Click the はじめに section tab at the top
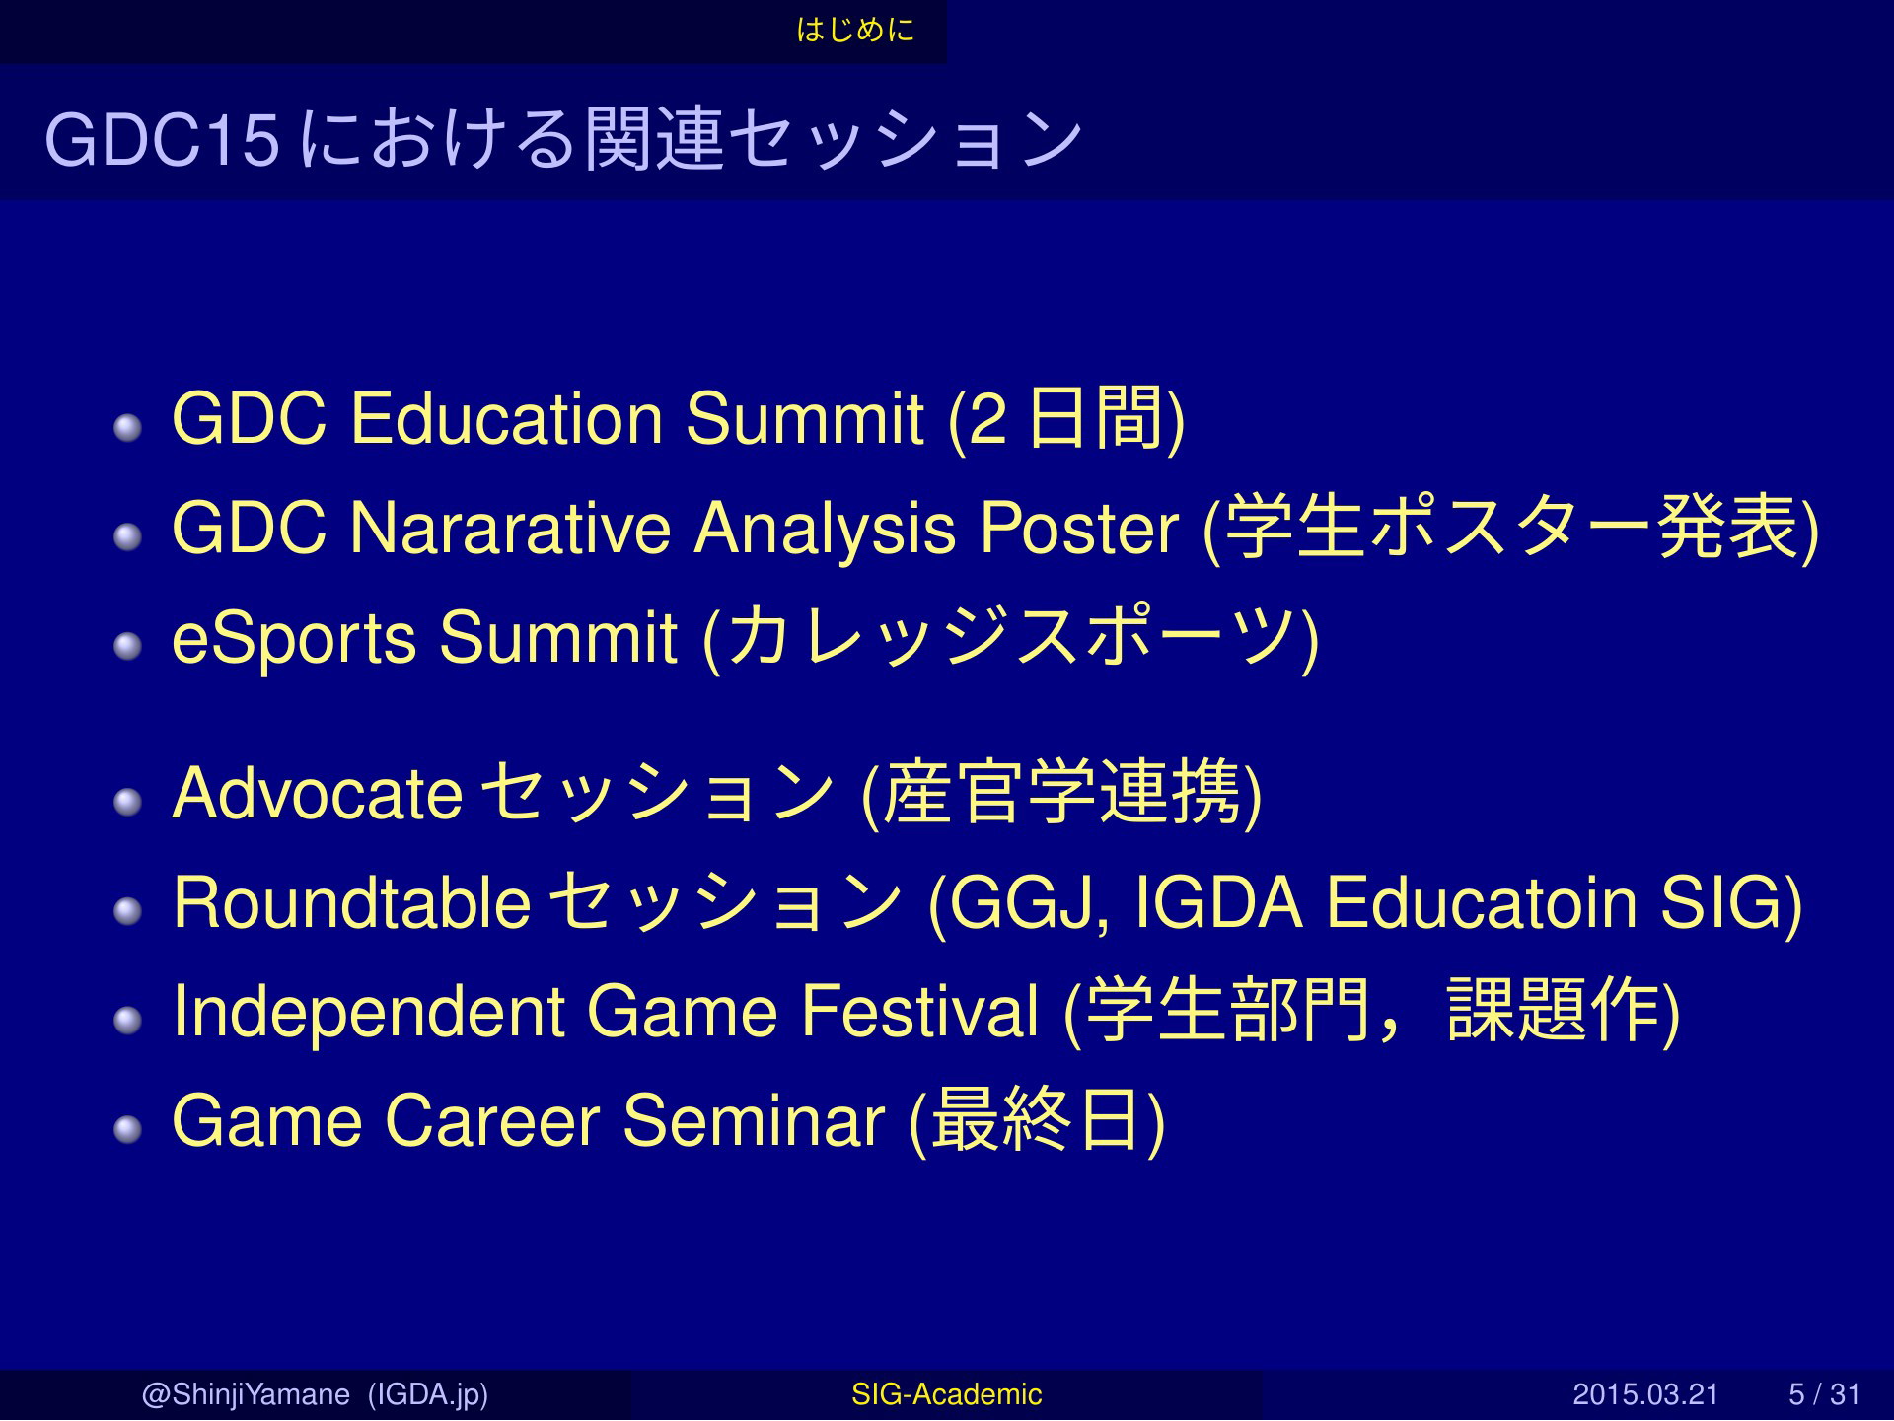tap(855, 31)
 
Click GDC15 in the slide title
tap(163, 139)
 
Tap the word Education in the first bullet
tap(507, 418)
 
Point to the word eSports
tap(294, 639)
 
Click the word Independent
tap(368, 1012)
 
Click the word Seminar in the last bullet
tap(754, 1121)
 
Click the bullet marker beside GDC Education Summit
tap(128, 428)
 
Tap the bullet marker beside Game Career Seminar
tap(128, 1130)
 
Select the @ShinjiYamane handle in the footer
tap(246, 1394)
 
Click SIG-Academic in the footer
tap(946, 1394)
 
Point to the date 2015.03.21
tap(1645, 1394)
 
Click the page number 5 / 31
tap(1824, 1394)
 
